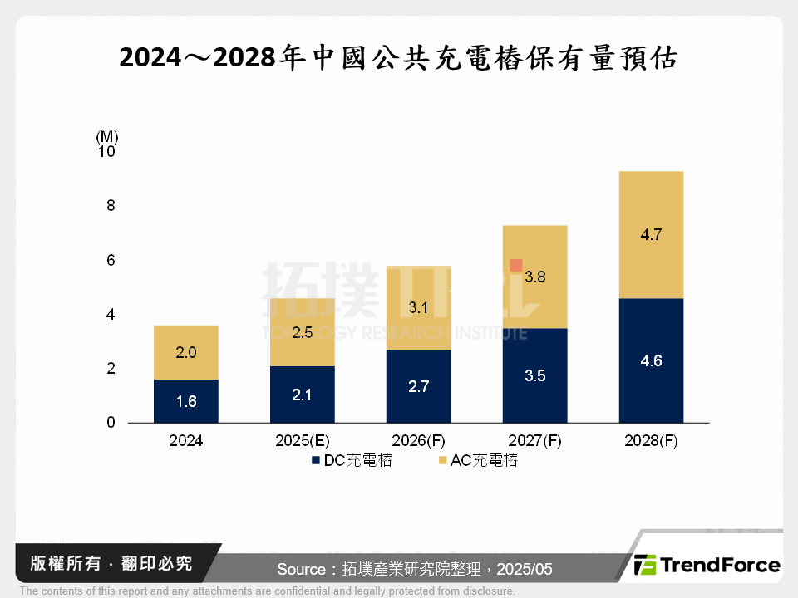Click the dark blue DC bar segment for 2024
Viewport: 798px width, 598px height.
[186, 401]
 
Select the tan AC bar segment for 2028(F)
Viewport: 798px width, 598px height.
[651, 234]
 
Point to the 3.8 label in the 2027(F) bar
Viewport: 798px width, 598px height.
[535, 277]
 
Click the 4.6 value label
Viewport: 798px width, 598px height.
[651, 361]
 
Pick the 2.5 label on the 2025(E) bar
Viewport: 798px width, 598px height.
[303, 333]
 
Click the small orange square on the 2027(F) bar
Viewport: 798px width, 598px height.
[515, 265]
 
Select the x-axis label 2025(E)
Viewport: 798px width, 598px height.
[303, 441]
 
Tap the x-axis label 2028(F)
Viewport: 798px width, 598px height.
[651, 441]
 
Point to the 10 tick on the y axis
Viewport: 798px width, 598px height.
[107, 152]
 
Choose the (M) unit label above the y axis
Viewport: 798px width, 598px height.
[107, 135]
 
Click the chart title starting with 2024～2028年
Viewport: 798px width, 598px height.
[399, 58]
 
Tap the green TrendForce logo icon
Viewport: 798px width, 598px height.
[645, 566]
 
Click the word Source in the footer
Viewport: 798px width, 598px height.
[301, 569]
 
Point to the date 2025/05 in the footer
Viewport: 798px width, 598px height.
[526, 569]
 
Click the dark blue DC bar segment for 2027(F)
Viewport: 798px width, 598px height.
[535, 375]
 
